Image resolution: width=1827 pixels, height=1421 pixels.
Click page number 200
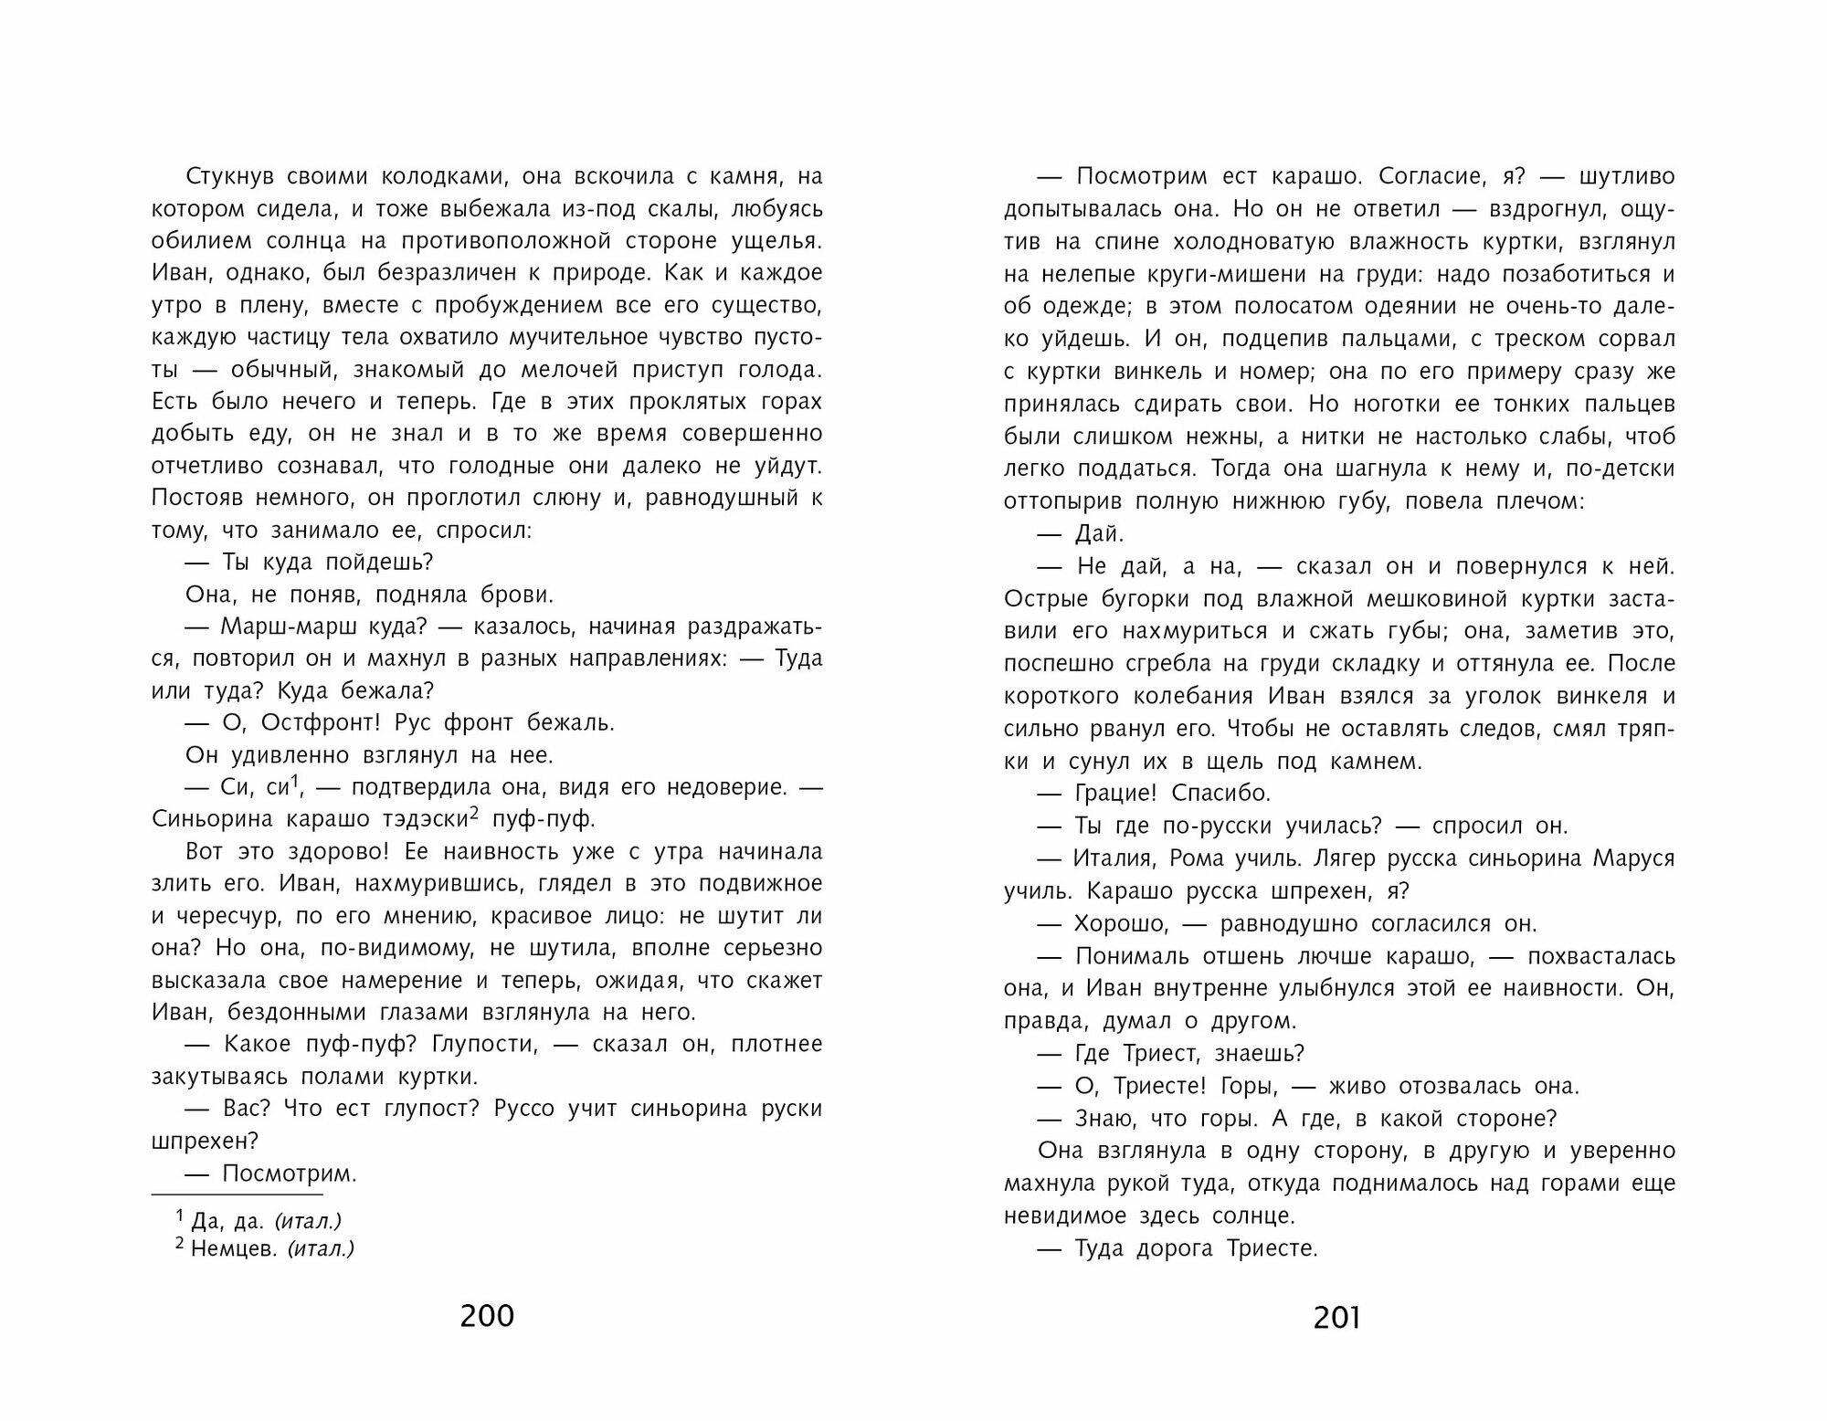coord(487,1316)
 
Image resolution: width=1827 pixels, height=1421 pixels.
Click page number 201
coord(1336,1317)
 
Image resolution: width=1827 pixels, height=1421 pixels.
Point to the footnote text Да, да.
coord(227,1221)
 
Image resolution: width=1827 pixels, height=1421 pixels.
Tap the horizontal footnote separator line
coord(238,1194)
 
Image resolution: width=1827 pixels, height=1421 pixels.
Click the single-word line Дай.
coord(1100,533)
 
